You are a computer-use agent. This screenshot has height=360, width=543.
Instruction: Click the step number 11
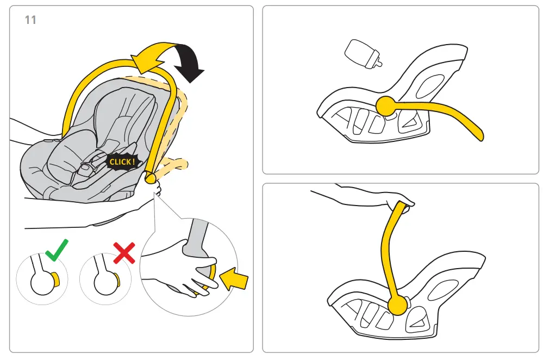tap(30, 20)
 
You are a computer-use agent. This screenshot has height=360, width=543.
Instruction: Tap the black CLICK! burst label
tap(123, 162)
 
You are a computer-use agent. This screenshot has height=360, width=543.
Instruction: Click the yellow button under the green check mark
tap(55, 279)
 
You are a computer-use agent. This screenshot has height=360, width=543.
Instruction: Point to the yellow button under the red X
tap(117, 279)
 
